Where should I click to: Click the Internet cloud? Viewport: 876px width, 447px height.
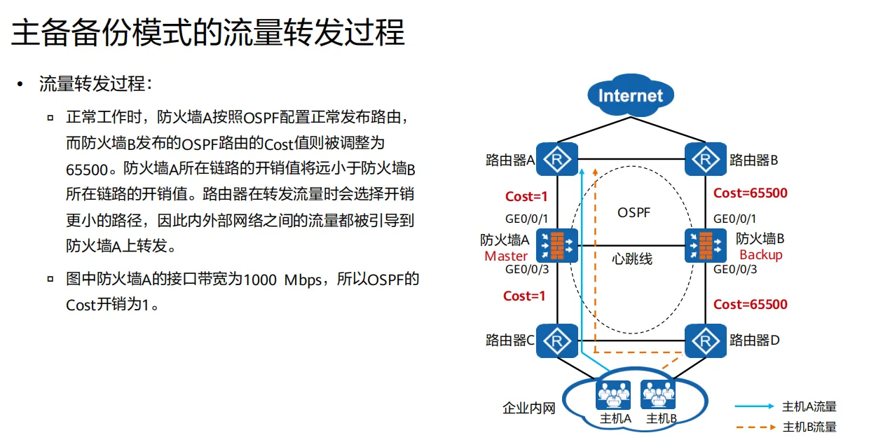pyautogui.click(x=630, y=95)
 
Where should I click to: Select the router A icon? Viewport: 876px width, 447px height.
pyautogui.click(x=558, y=160)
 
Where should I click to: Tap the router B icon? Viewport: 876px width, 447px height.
pyautogui.click(x=703, y=160)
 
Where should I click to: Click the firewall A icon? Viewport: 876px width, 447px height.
pyautogui.click(x=558, y=245)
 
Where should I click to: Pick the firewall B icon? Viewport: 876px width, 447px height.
pyautogui.click(x=703, y=245)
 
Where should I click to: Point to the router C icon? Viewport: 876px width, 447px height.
pyautogui.click(x=558, y=341)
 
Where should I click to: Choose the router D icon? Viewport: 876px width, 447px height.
pyautogui.click(x=703, y=341)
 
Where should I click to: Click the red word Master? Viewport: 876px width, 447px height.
pyautogui.click(x=506, y=256)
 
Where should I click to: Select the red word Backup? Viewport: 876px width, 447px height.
pyautogui.click(x=760, y=255)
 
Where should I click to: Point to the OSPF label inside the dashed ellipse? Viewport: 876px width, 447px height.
pyautogui.click(x=634, y=212)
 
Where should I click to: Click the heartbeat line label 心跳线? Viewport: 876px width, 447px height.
pyautogui.click(x=631, y=259)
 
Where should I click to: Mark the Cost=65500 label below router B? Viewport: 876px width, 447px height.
pyautogui.click(x=750, y=193)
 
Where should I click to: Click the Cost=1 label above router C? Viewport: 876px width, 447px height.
pyautogui.click(x=524, y=296)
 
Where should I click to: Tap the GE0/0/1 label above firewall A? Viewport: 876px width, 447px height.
pyautogui.click(x=526, y=218)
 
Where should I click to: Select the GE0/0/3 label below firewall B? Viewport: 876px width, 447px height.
pyautogui.click(x=735, y=270)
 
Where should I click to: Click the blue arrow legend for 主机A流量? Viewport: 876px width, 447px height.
pyautogui.click(x=754, y=406)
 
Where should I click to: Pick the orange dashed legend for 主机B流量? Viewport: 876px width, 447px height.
pyautogui.click(x=754, y=427)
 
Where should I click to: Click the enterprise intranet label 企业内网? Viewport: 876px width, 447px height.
pyautogui.click(x=529, y=408)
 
